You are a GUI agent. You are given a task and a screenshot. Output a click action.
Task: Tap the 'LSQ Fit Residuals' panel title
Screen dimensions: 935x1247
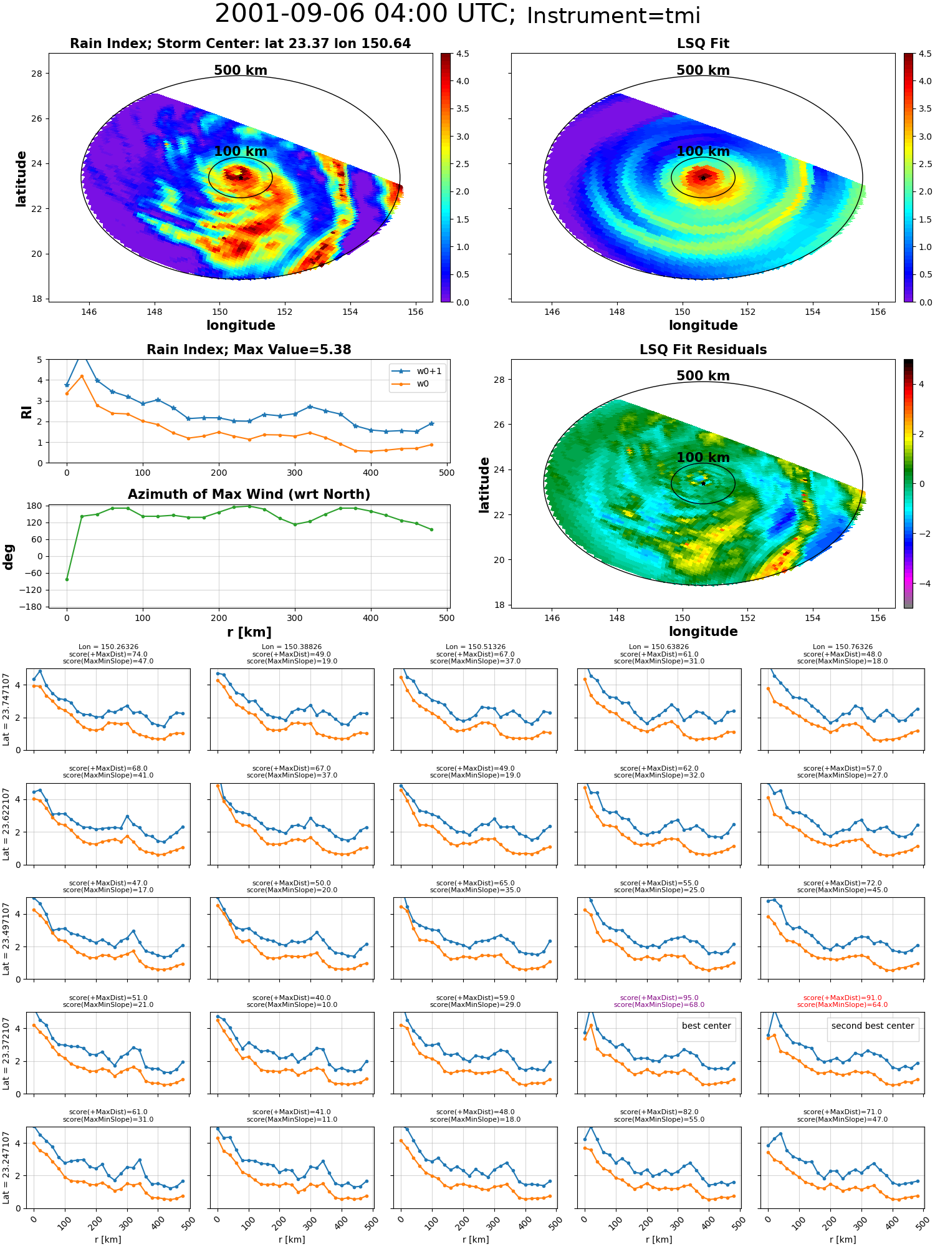[703, 350]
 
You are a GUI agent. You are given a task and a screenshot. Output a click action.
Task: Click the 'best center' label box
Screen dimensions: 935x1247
[706, 1026]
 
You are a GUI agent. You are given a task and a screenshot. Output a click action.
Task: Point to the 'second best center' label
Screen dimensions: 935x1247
[873, 1026]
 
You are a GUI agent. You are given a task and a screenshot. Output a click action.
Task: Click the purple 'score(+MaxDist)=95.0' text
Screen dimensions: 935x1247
[659, 998]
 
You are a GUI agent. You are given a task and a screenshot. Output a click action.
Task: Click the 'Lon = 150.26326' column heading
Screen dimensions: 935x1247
[108, 647]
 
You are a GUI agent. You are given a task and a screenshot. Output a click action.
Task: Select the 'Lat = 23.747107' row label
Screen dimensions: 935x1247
[6, 710]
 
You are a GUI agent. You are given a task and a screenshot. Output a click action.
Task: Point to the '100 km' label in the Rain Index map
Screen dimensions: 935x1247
[241, 152]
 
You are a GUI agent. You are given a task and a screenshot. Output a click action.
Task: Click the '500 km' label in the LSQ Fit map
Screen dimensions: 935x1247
[703, 70]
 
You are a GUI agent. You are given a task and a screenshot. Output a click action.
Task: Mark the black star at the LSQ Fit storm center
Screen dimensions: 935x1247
[703, 178]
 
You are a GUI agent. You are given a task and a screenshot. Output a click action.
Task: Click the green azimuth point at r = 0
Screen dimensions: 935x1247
[67, 579]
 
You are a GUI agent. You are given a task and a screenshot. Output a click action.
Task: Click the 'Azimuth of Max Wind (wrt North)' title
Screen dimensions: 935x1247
[249, 494]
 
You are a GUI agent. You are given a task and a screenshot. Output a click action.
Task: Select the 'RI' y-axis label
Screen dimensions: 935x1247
[26, 412]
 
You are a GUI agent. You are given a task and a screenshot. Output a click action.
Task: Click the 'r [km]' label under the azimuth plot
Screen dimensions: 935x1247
[249, 632]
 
